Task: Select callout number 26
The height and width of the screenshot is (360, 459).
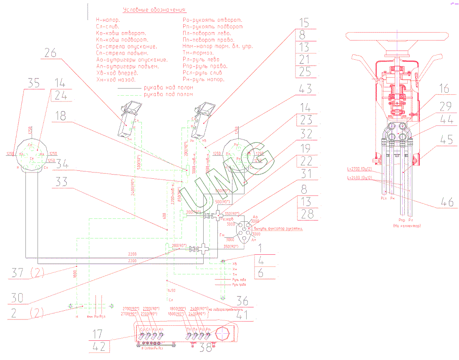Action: [50, 53]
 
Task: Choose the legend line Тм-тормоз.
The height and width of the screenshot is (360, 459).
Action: [198, 53]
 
